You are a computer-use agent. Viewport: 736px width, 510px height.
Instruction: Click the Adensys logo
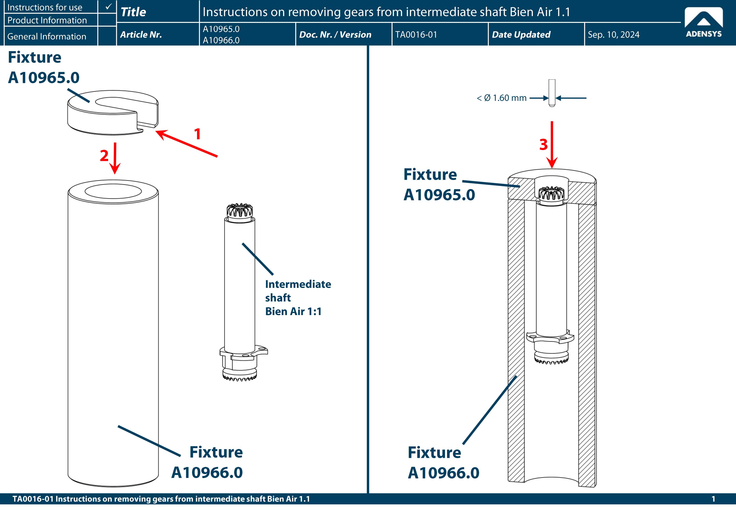tap(703, 22)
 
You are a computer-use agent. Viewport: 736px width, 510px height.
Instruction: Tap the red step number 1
tap(197, 134)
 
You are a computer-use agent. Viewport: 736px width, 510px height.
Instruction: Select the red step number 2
tap(104, 156)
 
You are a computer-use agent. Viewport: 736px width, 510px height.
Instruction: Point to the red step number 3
tap(544, 144)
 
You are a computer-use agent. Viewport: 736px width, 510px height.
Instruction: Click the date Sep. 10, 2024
tap(613, 34)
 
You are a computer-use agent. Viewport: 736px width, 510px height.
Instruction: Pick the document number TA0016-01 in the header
tap(416, 34)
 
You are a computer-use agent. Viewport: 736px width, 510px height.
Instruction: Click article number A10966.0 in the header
tap(221, 40)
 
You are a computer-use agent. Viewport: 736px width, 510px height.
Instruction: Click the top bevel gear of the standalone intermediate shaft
tap(239, 211)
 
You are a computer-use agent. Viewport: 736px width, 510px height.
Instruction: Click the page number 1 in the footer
tap(713, 499)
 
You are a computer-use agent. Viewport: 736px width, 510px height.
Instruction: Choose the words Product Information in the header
tap(47, 20)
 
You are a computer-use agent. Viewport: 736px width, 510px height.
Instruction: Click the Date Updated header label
tap(521, 34)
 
